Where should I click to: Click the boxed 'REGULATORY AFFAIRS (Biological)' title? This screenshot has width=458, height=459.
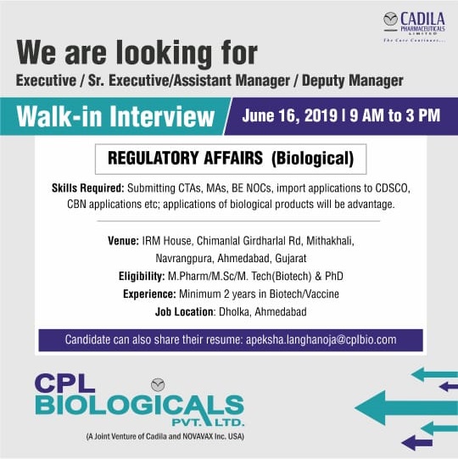click(x=230, y=159)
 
